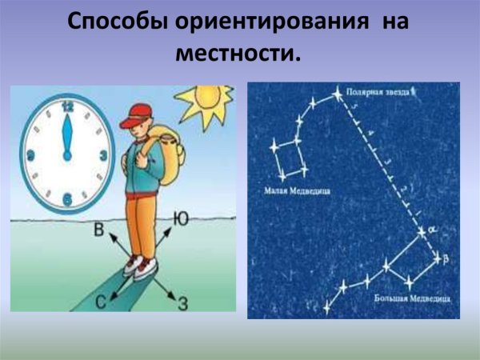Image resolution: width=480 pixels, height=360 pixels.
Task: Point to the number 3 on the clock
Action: tap(102, 155)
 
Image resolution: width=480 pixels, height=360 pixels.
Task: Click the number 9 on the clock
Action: tap(30, 155)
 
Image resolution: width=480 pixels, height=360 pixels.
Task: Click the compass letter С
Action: tap(99, 301)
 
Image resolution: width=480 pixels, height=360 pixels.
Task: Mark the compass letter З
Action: tap(183, 302)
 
